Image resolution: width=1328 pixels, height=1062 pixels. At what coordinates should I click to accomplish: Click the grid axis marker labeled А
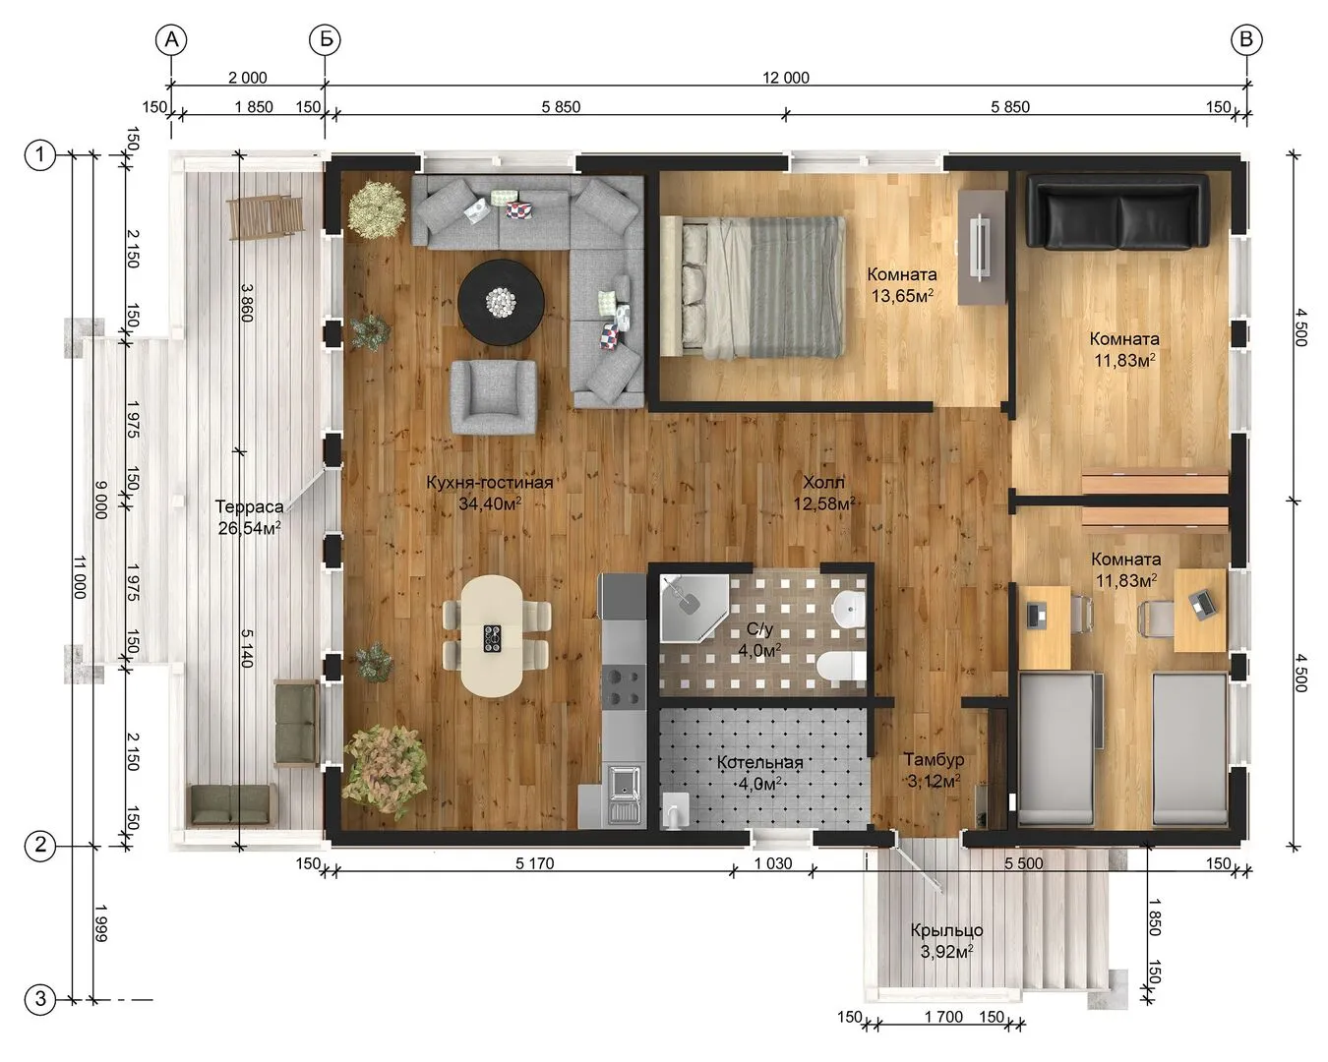tap(171, 40)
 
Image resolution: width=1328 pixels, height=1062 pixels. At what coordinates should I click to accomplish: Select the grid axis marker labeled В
tap(1246, 40)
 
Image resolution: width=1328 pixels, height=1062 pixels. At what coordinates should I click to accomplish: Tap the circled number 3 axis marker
tap(40, 998)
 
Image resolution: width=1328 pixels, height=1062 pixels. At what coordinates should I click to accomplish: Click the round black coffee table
tap(501, 302)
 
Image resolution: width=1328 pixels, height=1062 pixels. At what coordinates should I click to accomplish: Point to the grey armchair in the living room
tap(493, 397)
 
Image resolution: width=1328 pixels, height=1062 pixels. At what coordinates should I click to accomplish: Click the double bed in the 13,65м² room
tap(753, 286)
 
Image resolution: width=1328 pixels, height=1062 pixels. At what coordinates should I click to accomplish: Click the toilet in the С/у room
tap(842, 667)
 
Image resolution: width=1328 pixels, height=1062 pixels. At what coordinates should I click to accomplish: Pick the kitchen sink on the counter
tap(625, 795)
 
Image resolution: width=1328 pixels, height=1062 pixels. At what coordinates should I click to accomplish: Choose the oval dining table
tap(492, 636)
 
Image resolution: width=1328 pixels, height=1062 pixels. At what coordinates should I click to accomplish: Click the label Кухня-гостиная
tap(489, 482)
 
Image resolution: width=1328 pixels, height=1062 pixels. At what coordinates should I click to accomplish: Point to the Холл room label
tap(823, 482)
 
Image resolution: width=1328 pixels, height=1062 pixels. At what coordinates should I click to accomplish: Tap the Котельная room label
tap(759, 762)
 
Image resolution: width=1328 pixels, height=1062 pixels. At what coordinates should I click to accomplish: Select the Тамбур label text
tap(934, 759)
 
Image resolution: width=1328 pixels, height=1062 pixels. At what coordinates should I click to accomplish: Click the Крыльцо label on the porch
tap(946, 930)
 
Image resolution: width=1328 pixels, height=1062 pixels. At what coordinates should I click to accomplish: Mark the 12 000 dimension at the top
tap(786, 78)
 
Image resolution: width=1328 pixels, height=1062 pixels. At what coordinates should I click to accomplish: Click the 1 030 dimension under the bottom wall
tap(772, 863)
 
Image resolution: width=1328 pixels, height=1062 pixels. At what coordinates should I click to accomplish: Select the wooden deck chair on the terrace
tap(266, 216)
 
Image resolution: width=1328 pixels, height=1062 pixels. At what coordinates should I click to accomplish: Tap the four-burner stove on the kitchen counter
tap(624, 686)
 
